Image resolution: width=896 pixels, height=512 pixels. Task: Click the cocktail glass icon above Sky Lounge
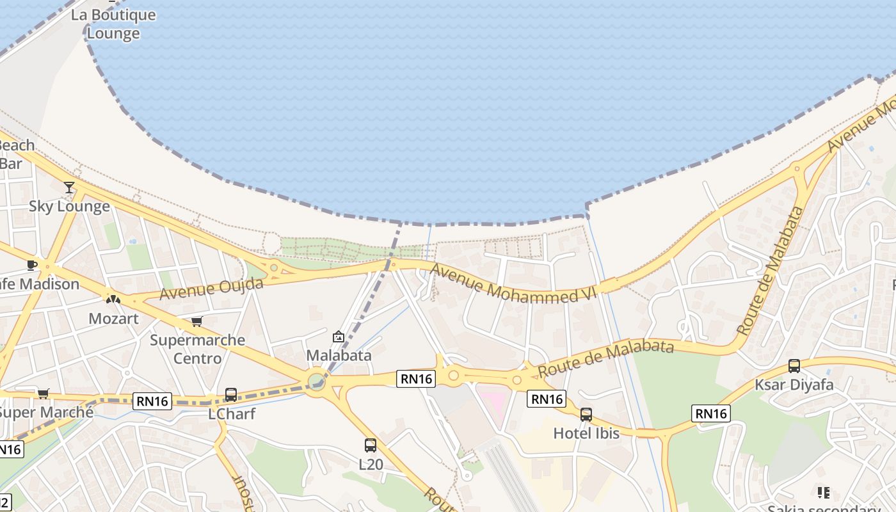click(69, 187)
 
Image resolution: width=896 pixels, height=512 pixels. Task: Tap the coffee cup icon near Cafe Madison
click(32, 265)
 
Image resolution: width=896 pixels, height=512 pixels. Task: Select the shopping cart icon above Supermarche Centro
click(196, 321)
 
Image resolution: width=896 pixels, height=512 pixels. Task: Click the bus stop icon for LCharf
click(231, 395)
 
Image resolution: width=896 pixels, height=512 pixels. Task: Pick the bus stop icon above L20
click(371, 445)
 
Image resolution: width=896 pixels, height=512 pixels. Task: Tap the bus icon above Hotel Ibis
click(586, 415)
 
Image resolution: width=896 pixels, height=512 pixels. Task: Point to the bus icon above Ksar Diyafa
click(794, 366)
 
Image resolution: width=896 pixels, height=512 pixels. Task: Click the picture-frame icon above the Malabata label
click(339, 337)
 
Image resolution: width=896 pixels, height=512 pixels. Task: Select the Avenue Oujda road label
click(211, 289)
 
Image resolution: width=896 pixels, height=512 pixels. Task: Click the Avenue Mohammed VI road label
click(513, 284)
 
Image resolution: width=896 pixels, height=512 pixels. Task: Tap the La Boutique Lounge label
click(113, 24)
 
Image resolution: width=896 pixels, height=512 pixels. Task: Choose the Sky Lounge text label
click(69, 206)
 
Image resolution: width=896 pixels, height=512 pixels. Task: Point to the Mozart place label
click(113, 318)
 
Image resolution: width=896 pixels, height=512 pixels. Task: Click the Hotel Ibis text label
click(586, 433)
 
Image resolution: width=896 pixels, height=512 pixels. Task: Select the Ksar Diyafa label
click(794, 385)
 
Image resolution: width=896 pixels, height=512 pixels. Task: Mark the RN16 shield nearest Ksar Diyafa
click(711, 413)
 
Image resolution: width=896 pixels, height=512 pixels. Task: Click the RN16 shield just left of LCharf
click(152, 401)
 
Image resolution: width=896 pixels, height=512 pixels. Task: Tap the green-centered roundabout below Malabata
click(316, 382)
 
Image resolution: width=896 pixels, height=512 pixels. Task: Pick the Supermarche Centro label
click(197, 349)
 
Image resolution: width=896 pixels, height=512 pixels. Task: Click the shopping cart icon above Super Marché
click(43, 394)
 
